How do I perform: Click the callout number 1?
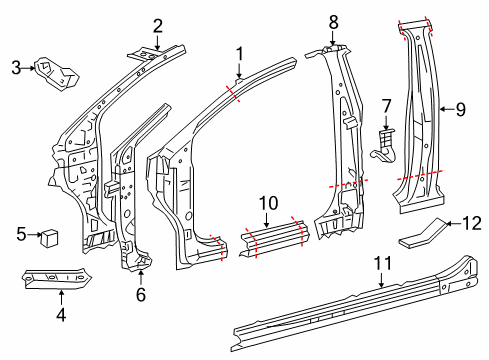(x=240, y=54)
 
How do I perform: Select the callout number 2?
(x=158, y=26)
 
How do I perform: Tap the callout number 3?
(x=16, y=67)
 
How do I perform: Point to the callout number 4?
(x=61, y=315)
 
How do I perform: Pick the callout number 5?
(x=21, y=234)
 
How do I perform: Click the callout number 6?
(x=141, y=294)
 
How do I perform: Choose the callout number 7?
(x=386, y=106)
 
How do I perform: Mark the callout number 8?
(x=333, y=22)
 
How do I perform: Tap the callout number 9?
(x=461, y=109)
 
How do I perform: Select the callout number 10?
(x=268, y=203)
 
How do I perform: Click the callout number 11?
(x=382, y=263)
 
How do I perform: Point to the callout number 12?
(x=472, y=223)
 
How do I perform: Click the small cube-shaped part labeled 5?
(x=49, y=238)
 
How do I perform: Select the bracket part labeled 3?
(x=57, y=74)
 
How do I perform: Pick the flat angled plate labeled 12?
(x=422, y=233)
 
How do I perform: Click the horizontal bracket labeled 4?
(x=57, y=277)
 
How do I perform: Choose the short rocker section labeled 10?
(x=275, y=238)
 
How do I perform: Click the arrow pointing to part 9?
(x=447, y=109)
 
